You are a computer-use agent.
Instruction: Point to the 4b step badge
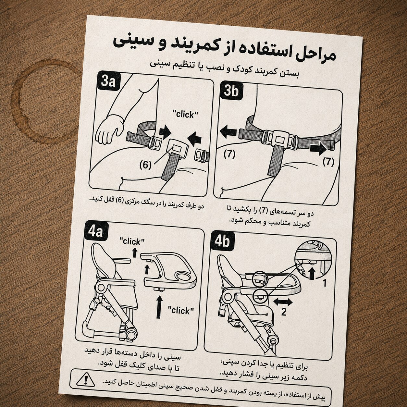coord(222,241)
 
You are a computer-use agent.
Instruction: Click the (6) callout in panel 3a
coord(145,165)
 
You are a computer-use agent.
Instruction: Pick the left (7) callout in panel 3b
coord(229,154)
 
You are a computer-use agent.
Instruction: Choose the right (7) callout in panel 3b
coord(329,162)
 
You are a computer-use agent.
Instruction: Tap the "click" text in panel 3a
coord(185,115)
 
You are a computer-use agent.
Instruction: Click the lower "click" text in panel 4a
coord(181,311)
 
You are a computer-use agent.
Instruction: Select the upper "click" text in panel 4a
coord(132,241)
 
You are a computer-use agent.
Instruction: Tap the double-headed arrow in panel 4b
coord(283,302)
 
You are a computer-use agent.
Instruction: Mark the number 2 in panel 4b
coord(284,312)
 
